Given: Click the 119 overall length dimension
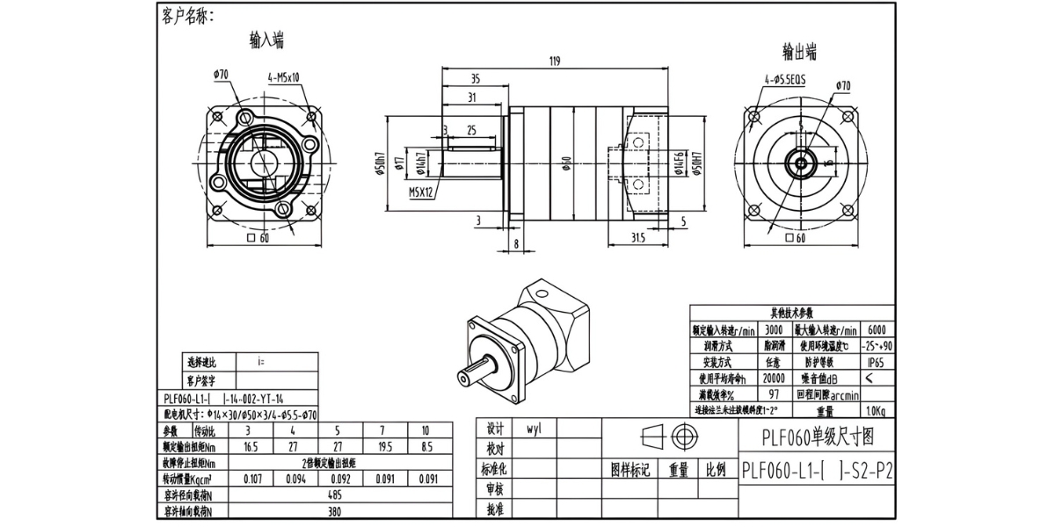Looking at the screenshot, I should tap(554, 62).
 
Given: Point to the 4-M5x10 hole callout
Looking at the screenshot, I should tap(284, 77).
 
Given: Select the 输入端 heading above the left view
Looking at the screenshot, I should tap(266, 40).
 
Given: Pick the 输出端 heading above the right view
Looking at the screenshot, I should tap(799, 50).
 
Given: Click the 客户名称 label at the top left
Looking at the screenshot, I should tap(187, 16).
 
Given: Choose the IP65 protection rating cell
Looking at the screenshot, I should tap(877, 362).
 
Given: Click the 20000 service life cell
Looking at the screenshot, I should tap(774, 378).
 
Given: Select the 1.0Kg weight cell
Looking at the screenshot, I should tap(877, 410).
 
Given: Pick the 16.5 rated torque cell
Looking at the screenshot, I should tap(251, 447).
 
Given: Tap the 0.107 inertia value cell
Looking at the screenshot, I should tap(251, 479).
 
